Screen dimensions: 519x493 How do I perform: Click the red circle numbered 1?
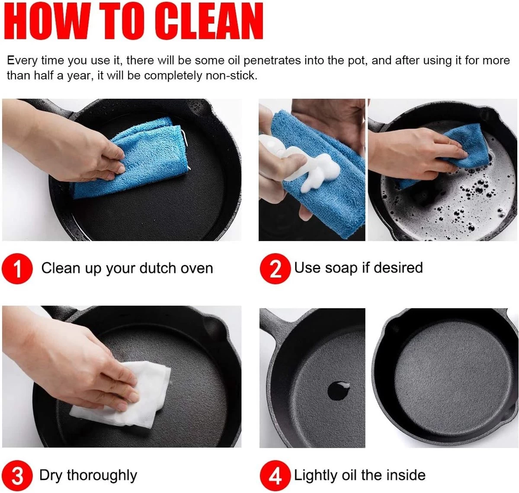pyautogui.click(x=17, y=268)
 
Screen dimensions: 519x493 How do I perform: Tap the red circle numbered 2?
pyautogui.click(x=275, y=268)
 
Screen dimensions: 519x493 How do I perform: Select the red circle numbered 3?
pyautogui.click(x=17, y=476)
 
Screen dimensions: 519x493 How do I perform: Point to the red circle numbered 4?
pyautogui.click(x=275, y=476)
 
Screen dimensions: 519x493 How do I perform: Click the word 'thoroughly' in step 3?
pyautogui.click(x=102, y=476)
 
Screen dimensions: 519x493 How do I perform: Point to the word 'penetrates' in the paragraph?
pyautogui.click(x=272, y=61)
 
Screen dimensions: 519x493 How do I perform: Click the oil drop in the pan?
pyautogui.click(x=339, y=390)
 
